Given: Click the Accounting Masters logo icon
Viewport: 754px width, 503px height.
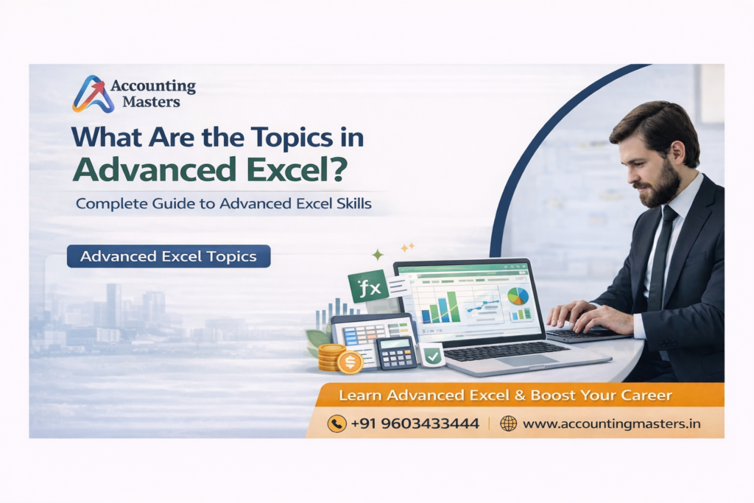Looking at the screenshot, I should pyautogui.click(x=93, y=94).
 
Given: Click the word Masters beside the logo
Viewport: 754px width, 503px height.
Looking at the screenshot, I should pyautogui.click(x=151, y=102).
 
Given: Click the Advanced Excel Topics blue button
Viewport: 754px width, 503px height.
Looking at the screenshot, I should pyautogui.click(x=168, y=256).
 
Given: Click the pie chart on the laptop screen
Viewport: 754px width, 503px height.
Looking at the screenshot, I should pyautogui.click(x=518, y=296).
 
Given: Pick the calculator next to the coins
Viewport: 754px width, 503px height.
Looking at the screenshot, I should pyautogui.click(x=396, y=353).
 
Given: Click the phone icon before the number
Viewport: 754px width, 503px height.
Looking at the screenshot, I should pyautogui.click(x=337, y=423).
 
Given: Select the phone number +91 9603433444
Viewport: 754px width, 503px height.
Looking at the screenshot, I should pyautogui.click(x=415, y=423).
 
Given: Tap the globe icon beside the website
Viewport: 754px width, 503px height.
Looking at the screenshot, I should pyautogui.click(x=508, y=423).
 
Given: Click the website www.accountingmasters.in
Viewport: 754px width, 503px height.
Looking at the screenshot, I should pyautogui.click(x=611, y=423).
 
